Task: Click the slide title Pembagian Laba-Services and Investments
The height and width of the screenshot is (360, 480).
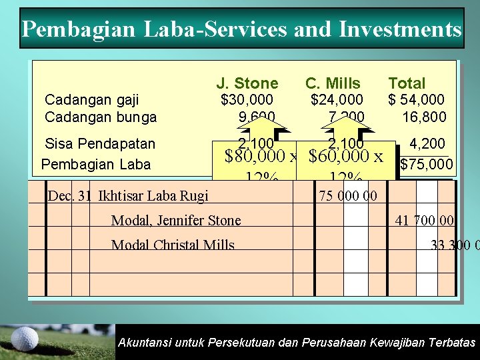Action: [241, 29]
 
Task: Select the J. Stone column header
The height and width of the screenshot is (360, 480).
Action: [247, 83]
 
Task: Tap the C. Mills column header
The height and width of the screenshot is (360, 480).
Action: [333, 83]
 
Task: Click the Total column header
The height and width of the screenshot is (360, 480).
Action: [407, 83]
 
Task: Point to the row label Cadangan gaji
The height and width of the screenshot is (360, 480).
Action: [91, 100]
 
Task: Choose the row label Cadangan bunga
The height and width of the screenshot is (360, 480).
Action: [100, 117]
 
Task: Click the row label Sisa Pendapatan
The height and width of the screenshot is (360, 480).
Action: [99, 143]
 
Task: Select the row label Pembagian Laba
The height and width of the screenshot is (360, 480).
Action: [96, 164]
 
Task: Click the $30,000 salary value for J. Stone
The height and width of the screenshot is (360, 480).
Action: [247, 100]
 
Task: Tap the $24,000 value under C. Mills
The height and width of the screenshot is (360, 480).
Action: [337, 100]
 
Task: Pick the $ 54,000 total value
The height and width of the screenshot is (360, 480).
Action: [416, 100]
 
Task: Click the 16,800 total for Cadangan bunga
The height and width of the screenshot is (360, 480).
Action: [424, 117]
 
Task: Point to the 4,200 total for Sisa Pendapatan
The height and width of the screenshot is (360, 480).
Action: [428, 143]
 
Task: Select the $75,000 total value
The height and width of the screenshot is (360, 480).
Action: [426, 164]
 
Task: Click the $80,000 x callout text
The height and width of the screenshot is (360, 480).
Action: [261, 157]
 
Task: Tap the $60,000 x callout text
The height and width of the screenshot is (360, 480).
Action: [346, 157]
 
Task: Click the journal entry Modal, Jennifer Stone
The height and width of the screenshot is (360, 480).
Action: [176, 221]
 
